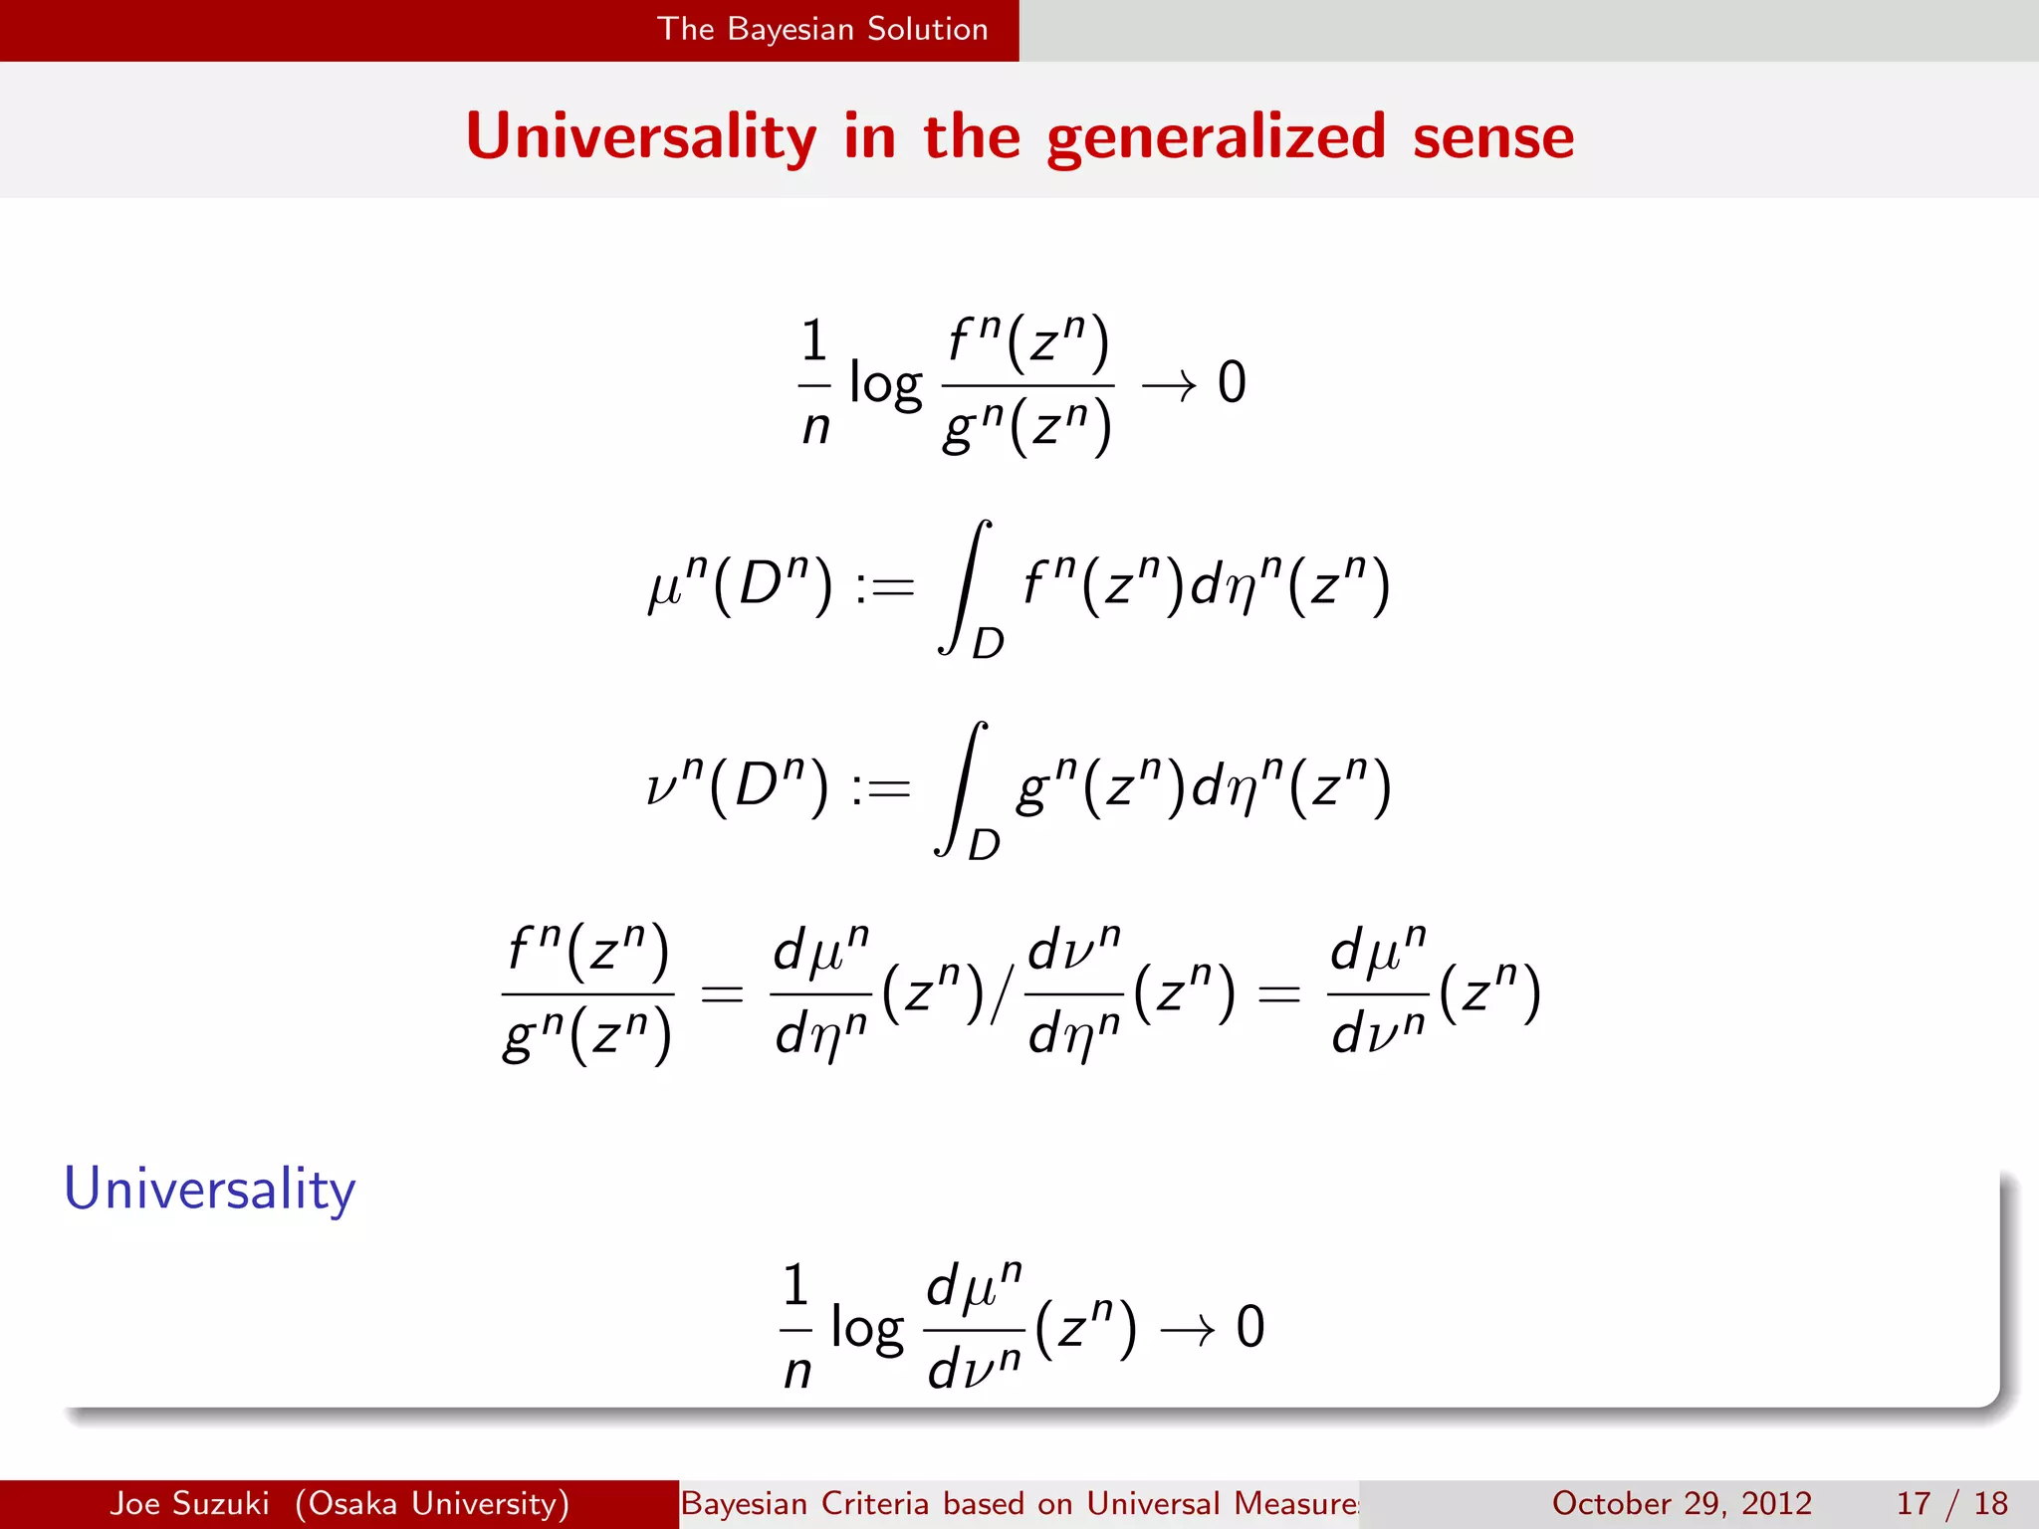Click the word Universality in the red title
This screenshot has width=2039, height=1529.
(640, 137)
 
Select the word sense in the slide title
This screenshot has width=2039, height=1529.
(1492, 137)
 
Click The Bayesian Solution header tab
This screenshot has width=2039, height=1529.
(822, 29)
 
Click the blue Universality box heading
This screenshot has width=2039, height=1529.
(209, 1189)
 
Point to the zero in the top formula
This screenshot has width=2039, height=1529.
(1232, 383)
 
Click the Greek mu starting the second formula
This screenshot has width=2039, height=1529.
(664, 587)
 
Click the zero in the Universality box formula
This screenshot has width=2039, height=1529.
(1250, 1328)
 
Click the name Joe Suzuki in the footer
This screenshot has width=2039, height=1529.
(189, 1503)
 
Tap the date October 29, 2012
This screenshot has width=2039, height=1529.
(1682, 1503)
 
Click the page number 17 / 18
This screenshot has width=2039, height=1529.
(1951, 1503)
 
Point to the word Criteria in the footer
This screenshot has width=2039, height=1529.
(877, 1503)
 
